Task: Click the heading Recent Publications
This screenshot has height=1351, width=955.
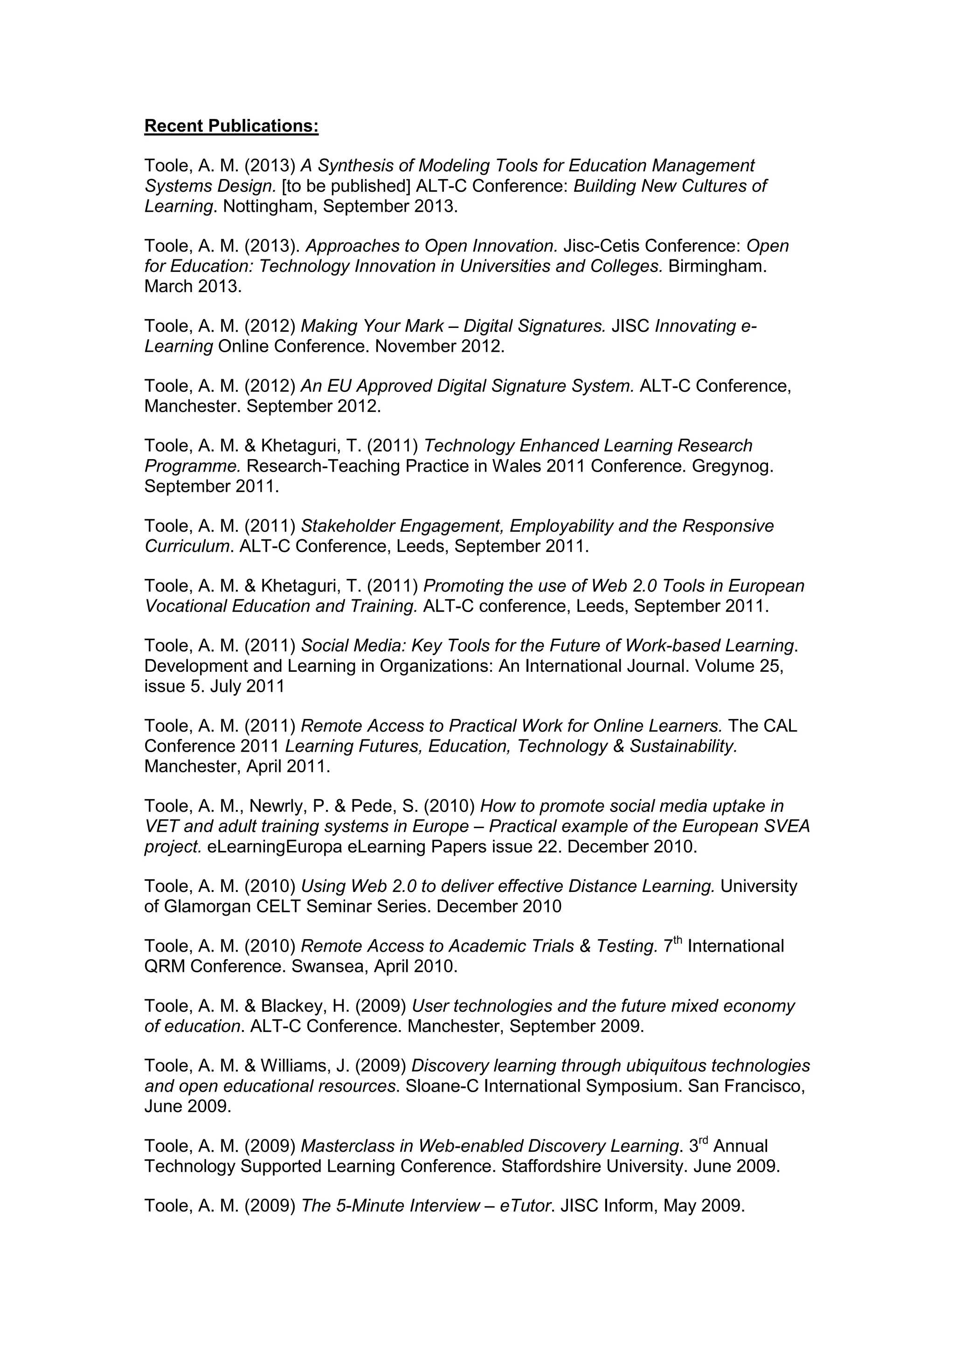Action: (x=231, y=126)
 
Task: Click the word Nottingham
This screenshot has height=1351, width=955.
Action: (x=270, y=207)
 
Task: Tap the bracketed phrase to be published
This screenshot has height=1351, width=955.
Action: (x=346, y=187)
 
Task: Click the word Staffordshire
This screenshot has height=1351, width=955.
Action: (x=551, y=1166)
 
